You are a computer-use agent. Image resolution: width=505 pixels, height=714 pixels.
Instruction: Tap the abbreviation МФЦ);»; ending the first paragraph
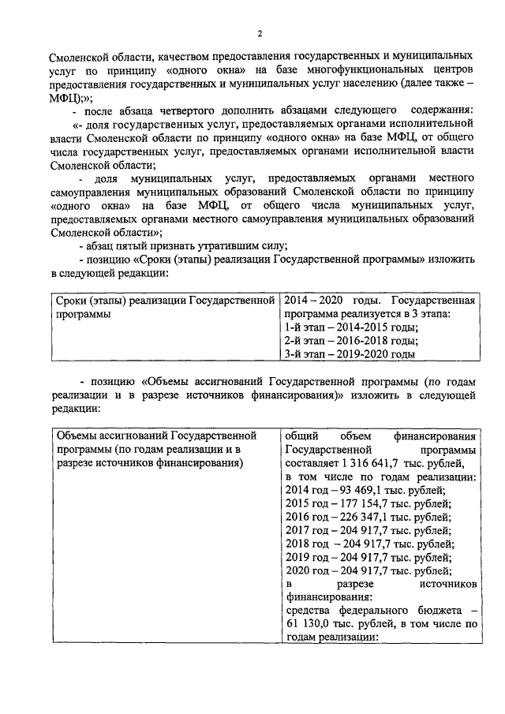coord(71,97)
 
